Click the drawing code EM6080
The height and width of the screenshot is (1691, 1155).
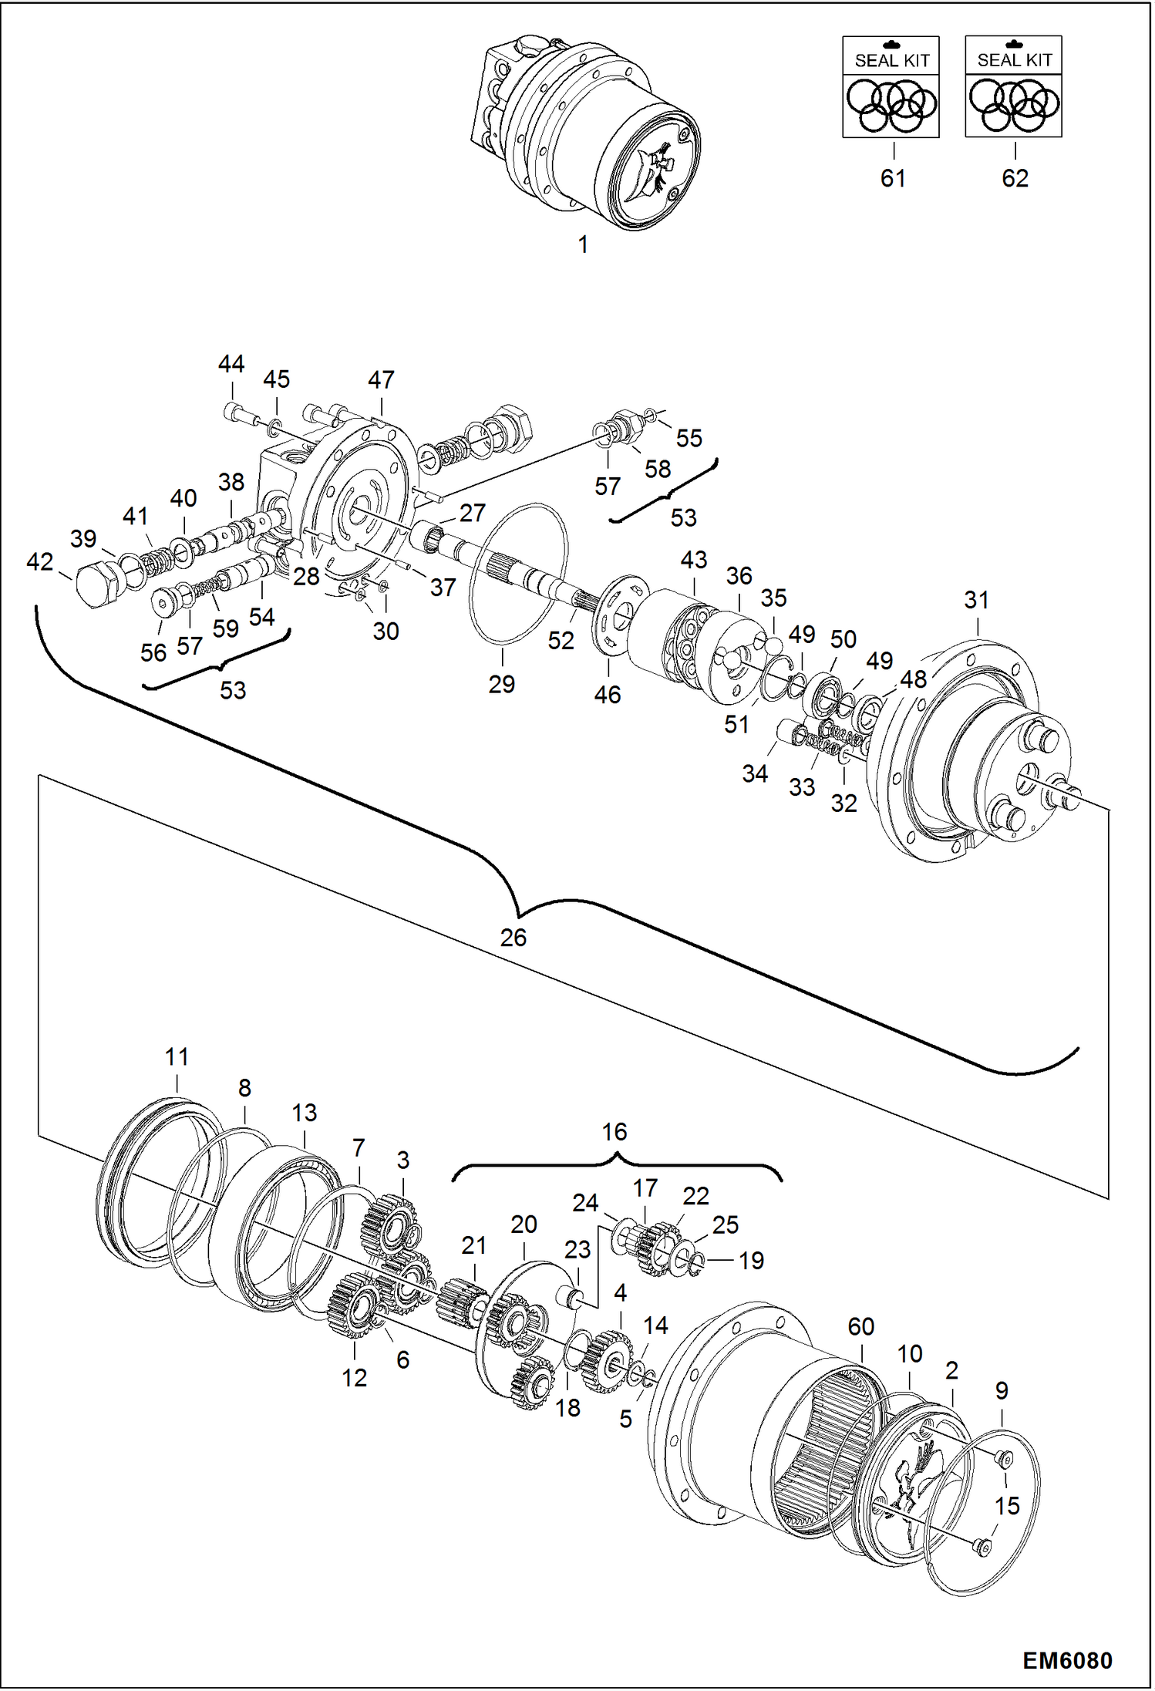coord(1067,1660)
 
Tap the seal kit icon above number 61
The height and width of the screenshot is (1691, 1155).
coord(891,87)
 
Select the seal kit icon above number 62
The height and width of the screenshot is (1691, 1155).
coord(1013,87)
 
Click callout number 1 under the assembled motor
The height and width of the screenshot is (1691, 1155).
coord(583,244)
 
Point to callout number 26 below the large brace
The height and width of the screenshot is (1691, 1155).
coord(514,938)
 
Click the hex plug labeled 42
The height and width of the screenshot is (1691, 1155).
coord(99,588)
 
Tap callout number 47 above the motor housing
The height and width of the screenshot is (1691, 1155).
coord(381,379)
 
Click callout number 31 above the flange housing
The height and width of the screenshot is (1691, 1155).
coord(976,600)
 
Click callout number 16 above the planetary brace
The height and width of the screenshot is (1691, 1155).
coord(615,1132)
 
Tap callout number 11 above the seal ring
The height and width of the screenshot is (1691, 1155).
coord(177,1056)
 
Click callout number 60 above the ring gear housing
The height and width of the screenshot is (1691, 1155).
coord(860,1326)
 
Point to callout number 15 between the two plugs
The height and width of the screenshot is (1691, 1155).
coord(1007,1505)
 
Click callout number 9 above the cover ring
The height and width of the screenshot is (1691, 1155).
coord(1002,1390)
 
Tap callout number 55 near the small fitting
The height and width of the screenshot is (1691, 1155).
coord(689,438)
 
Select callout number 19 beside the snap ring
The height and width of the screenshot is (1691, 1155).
coord(751,1261)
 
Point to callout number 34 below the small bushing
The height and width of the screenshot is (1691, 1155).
coord(755,773)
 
